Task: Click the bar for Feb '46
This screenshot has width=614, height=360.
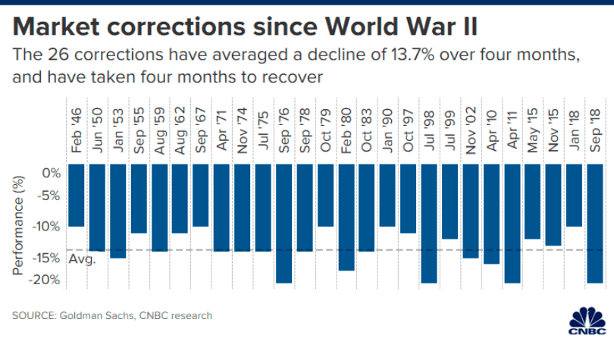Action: [x=77, y=196]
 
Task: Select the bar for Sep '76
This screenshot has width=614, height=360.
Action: [x=284, y=224]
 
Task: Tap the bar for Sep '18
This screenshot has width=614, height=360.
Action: [x=594, y=224]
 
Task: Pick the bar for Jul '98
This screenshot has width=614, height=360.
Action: [x=428, y=224]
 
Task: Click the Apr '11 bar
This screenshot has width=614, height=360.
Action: [x=511, y=224]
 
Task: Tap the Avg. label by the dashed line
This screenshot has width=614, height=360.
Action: [x=82, y=259]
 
